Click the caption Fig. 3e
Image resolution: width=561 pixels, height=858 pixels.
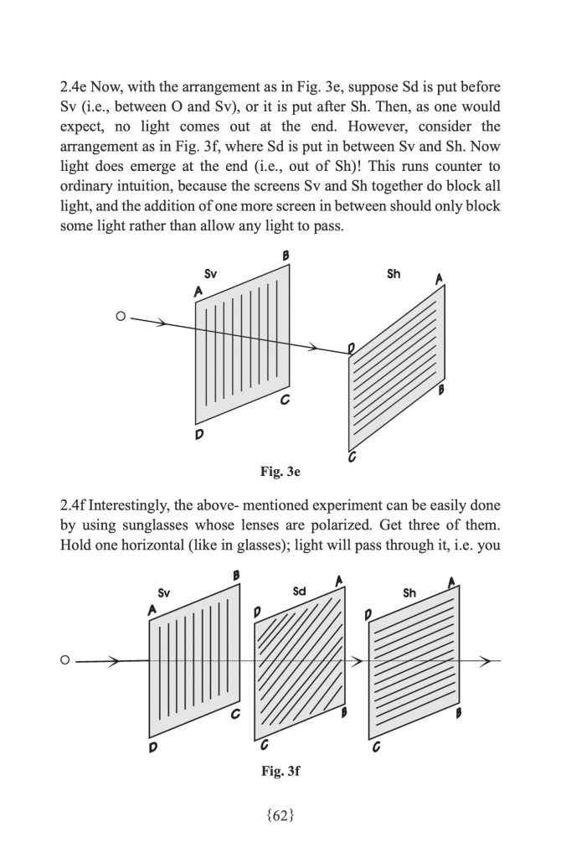tap(281, 473)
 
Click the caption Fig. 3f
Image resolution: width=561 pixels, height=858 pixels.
tap(280, 771)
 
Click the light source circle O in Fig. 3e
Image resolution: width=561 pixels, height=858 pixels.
tap(121, 317)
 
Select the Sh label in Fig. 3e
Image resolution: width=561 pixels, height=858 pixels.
tap(394, 274)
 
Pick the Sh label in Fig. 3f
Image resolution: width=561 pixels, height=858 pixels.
tap(409, 593)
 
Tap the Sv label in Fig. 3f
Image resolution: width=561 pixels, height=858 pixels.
tap(164, 593)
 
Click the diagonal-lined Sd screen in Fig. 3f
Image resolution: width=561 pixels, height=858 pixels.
tap(301, 662)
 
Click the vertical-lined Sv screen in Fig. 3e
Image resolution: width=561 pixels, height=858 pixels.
tap(243, 344)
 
